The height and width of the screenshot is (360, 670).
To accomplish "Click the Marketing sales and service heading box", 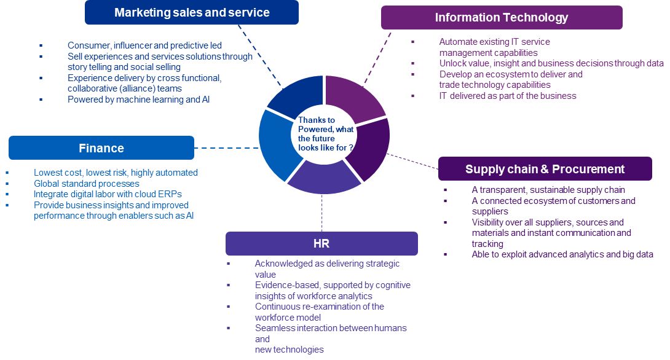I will point(192,12).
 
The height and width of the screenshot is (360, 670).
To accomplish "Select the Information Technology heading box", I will point(502,18).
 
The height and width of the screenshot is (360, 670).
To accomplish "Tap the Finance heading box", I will point(101,148).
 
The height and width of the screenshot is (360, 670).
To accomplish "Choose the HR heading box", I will point(321,243).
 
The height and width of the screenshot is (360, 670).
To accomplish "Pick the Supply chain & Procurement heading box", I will point(545,169).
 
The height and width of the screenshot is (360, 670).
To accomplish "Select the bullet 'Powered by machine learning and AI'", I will point(138,100).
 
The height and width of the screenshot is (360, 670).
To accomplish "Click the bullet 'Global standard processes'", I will point(87,184).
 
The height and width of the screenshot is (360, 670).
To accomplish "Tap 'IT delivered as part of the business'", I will point(508,96).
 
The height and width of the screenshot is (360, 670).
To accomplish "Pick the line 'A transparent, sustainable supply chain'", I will point(548,190).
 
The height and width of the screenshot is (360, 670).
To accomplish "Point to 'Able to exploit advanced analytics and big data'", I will point(562,254).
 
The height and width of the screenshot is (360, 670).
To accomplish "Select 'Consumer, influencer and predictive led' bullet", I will point(144,45).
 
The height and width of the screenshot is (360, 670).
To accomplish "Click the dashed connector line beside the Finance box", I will point(226,148).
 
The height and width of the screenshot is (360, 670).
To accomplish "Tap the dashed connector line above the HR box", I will point(321,212).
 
